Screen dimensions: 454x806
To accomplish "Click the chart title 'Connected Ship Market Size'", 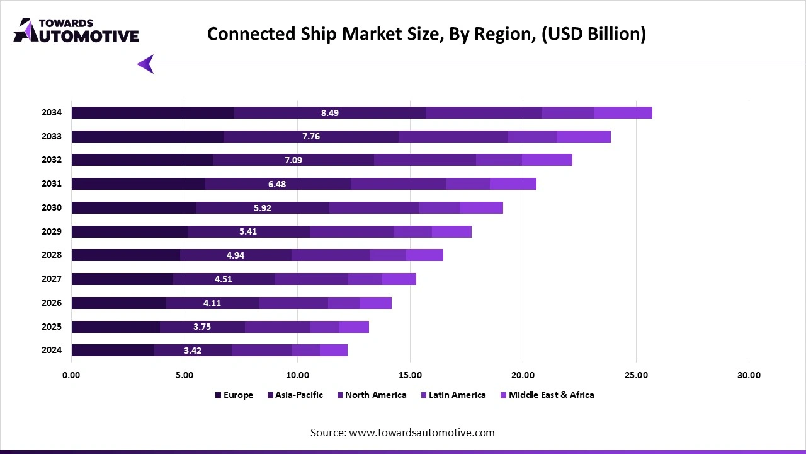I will [426, 33].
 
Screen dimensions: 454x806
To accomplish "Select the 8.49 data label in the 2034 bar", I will [330, 113].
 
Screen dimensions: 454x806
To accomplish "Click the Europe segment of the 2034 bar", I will [152, 113].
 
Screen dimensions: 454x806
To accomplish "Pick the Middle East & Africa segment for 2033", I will [583, 136].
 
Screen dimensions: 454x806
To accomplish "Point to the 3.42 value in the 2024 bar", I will [193, 351].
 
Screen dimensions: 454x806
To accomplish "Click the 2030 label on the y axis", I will [52, 207].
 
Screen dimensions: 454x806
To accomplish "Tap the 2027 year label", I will [52, 279].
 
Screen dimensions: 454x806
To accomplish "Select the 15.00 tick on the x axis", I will [410, 375].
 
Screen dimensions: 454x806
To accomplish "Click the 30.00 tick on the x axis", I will [749, 375].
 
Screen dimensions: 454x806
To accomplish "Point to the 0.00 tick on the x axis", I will [71, 375].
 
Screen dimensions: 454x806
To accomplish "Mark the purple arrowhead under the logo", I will [145, 64].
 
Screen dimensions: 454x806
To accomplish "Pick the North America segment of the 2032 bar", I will [425, 160].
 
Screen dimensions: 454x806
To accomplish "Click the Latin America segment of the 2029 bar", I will [412, 231].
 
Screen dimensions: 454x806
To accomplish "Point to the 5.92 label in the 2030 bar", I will [263, 208].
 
